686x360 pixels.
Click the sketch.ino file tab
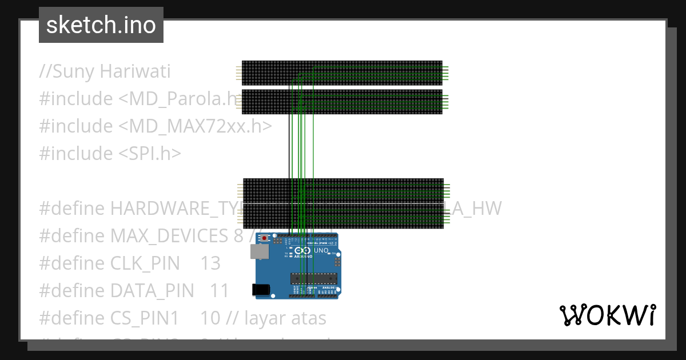101,25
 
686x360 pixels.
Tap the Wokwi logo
607,315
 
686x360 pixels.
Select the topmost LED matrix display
342,73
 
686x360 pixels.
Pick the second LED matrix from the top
342,102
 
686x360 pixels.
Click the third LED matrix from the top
343,189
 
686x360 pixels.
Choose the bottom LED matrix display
343,218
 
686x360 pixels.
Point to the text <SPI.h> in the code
150,153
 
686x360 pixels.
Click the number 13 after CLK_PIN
210,263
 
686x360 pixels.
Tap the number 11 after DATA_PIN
220,291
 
